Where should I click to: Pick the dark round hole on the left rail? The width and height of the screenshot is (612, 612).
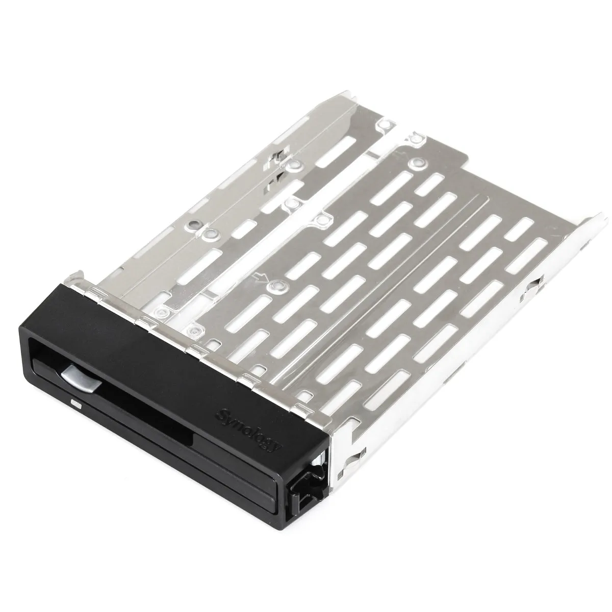pyautogui.click(x=192, y=224)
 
